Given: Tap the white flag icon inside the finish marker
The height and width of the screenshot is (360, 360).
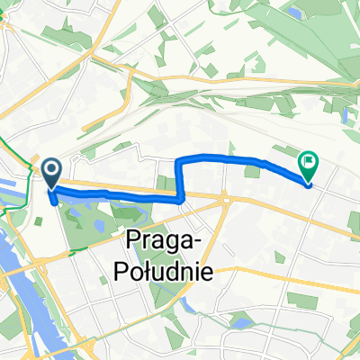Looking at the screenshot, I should click(x=309, y=163).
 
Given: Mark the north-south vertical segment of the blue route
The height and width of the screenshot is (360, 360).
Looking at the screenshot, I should click(x=181, y=180).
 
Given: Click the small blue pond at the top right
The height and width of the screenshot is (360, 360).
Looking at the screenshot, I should click(x=296, y=13).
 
